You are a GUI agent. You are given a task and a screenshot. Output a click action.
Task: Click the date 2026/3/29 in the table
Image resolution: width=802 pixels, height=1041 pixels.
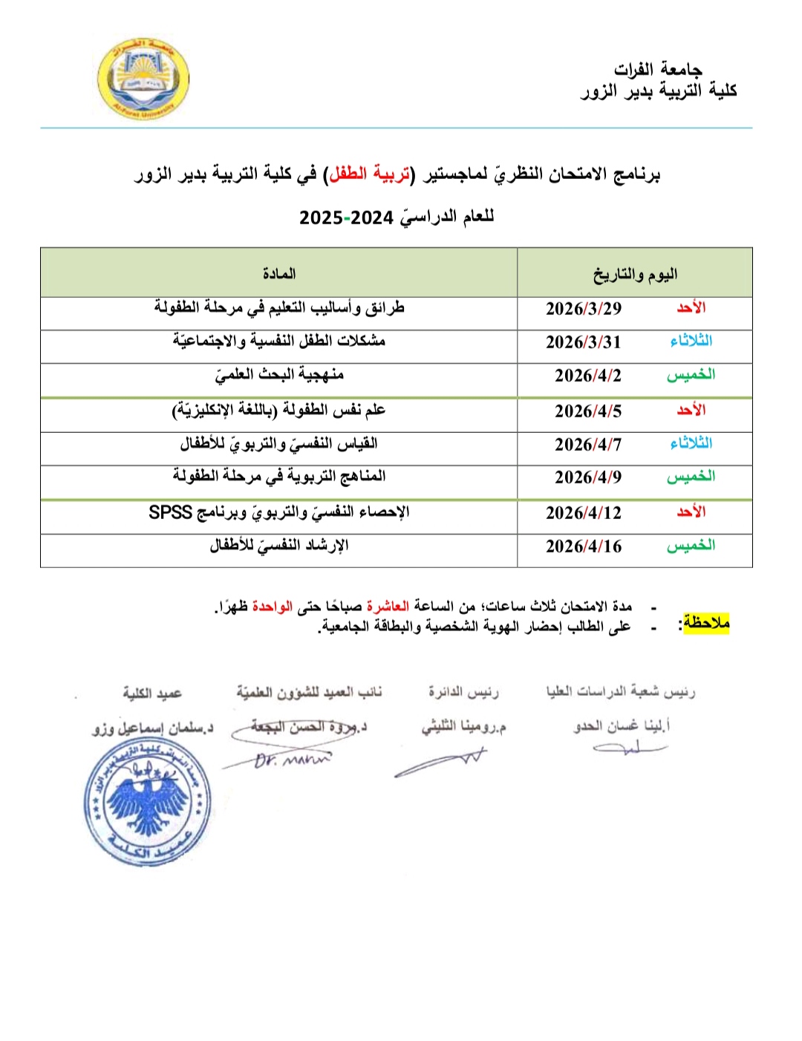[x=583, y=309]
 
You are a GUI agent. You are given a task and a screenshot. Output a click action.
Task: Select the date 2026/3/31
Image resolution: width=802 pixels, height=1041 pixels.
[x=583, y=342]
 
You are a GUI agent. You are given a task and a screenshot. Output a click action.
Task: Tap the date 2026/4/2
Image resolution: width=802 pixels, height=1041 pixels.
[x=587, y=376]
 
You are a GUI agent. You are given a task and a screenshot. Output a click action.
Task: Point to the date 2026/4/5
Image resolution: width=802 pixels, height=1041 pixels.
[x=587, y=411]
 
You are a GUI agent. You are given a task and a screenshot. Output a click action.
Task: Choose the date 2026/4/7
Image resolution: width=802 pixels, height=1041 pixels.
[x=587, y=445]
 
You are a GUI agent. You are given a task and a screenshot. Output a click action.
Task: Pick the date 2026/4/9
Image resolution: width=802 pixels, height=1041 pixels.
[x=587, y=477]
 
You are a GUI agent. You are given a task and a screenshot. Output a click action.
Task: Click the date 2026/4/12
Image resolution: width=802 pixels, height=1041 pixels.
[x=583, y=513]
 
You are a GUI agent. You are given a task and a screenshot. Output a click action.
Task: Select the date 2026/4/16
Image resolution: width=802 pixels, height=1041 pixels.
[x=583, y=546]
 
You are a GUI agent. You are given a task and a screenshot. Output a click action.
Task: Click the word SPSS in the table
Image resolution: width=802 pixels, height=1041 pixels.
[x=170, y=512]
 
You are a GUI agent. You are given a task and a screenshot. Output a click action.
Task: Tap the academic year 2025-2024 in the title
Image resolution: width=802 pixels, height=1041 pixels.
[x=345, y=218]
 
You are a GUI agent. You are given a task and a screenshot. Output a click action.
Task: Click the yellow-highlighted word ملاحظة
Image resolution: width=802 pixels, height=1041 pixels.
[x=706, y=623]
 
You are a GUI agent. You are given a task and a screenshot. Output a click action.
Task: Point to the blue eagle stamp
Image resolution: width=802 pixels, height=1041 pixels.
[x=148, y=803]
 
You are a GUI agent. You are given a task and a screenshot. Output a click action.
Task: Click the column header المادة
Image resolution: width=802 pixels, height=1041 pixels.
[x=278, y=274]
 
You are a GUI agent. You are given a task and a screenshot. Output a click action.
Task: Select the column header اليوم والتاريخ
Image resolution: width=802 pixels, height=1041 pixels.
[x=635, y=275]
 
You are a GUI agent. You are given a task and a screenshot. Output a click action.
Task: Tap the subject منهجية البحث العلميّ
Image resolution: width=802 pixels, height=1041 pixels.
[x=279, y=375]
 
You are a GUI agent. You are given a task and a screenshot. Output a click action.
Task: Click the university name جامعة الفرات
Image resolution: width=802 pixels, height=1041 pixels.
[x=657, y=70]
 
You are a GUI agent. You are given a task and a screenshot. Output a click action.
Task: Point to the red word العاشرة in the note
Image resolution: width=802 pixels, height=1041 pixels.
[x=388, y=607]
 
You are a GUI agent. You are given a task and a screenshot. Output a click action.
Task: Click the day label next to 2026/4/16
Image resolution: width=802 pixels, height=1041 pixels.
[x=691, y=546]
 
